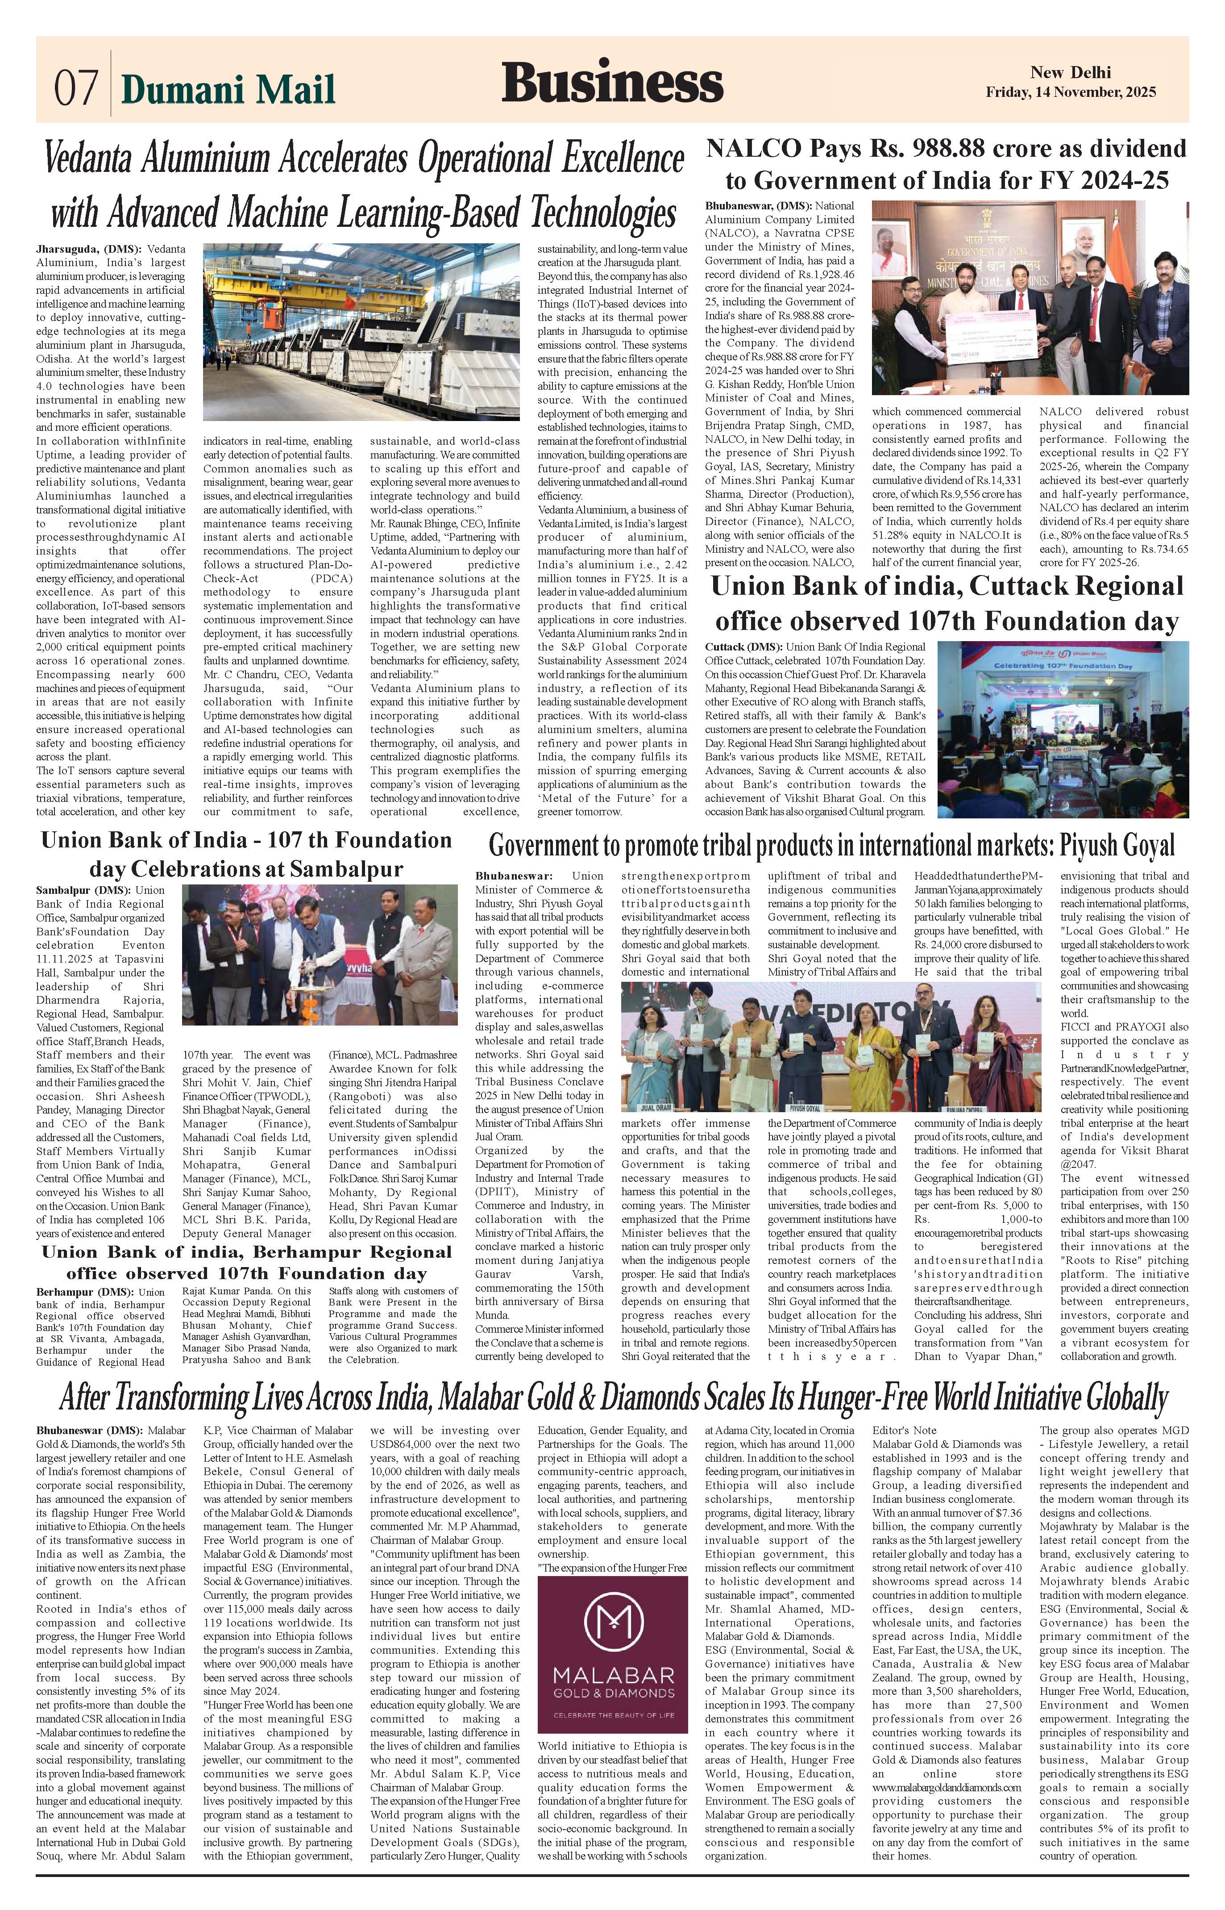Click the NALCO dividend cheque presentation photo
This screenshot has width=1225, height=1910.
pyautogui.click(x=1030, y=298)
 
